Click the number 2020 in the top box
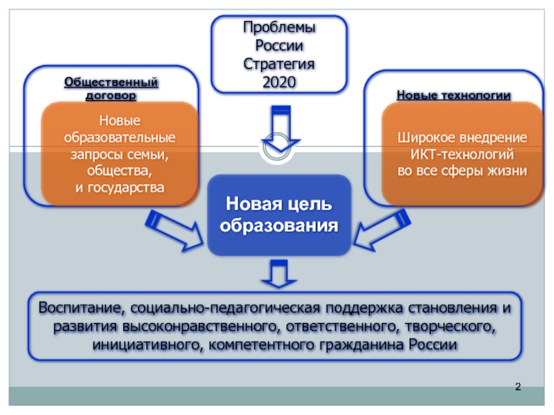coord(279,82)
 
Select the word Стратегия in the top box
coord(279,64)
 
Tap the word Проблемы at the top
coord(279,28)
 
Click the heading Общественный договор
coord(111,89)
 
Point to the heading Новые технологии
coord(454,95)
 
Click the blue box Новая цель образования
coord(279,215)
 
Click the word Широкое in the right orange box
coord(423,137)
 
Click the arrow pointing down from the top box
coord(280,131)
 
